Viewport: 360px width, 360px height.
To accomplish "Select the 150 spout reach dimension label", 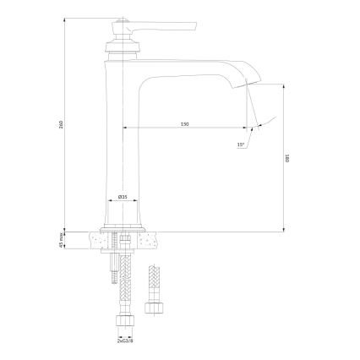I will (x=185, y=124).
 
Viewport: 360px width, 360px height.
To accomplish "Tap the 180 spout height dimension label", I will (x=287, y=157).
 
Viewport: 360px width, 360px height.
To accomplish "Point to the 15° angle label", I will (x=240, y=144).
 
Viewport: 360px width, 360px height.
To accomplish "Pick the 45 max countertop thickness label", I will (x=61, y=241).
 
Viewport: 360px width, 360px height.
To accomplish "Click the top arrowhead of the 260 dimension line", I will (x=66, y=14).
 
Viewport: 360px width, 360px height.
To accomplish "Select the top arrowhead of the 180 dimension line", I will (x=282, y=85).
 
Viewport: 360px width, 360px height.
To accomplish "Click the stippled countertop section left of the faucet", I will (x=94, y=242).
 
